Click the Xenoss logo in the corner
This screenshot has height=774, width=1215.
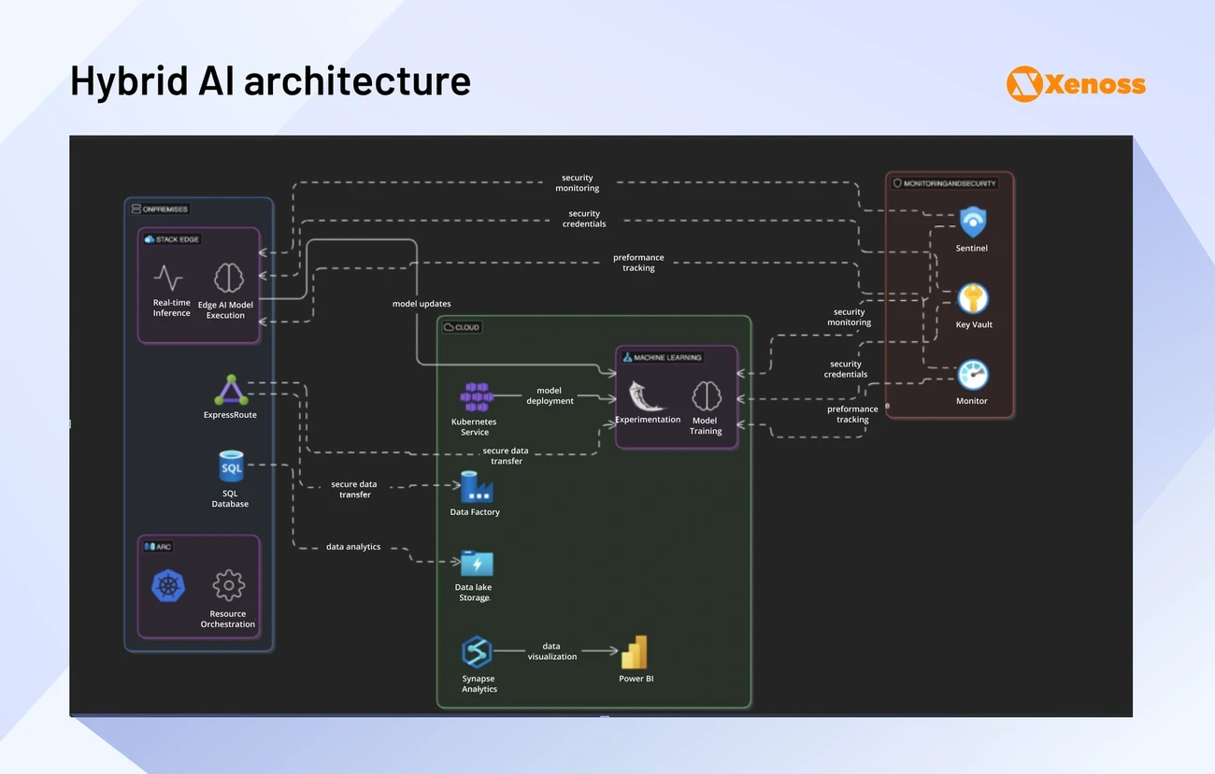(1076, 84)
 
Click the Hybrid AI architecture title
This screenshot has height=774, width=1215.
(270, 81)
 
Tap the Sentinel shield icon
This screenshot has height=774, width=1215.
(972, 222)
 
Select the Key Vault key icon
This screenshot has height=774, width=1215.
(973, 299)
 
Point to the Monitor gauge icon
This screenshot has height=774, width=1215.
(972, 375)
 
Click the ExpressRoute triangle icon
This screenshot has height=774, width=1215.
(231, 390)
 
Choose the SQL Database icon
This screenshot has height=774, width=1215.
(230, 466)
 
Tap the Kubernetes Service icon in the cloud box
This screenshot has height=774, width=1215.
(476, 396)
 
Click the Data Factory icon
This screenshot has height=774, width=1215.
(476, 487)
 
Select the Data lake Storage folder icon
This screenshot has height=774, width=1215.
(476, 564)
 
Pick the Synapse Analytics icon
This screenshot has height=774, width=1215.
(478, 652)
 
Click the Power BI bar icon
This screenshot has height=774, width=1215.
(636, 652)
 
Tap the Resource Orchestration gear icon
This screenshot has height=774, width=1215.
(228, 586)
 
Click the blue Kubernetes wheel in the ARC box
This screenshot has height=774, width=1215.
(168, 586)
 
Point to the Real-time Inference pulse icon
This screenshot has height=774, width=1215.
(168, 278)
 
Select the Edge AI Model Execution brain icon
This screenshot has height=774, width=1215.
(228, 278)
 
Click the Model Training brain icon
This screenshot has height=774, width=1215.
(706, 396)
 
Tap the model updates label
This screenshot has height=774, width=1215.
(422, 304)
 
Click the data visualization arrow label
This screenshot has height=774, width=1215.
(551, 652)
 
